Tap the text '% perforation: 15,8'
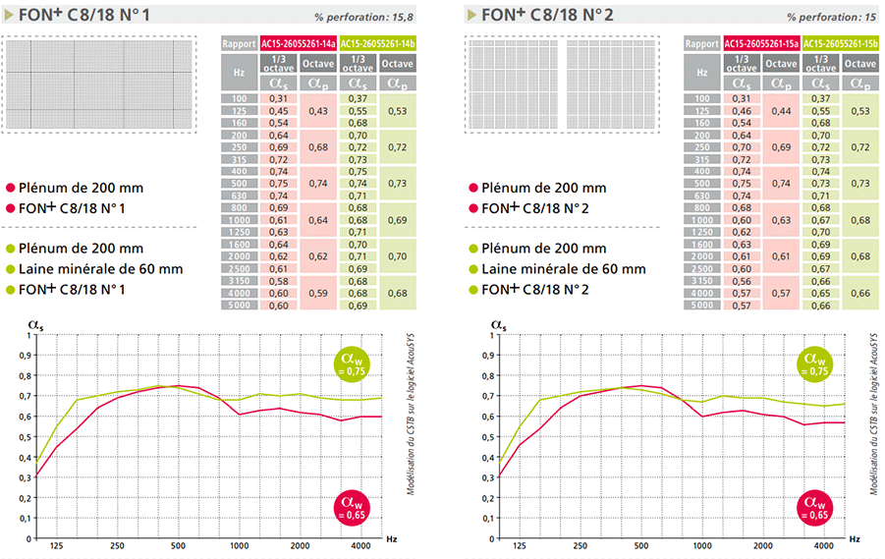coord(365,18)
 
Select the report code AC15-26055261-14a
coord(299,43)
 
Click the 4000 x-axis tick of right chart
coord(823,546)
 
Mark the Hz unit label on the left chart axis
coord(391,539)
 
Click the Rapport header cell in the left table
coord(240,43)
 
